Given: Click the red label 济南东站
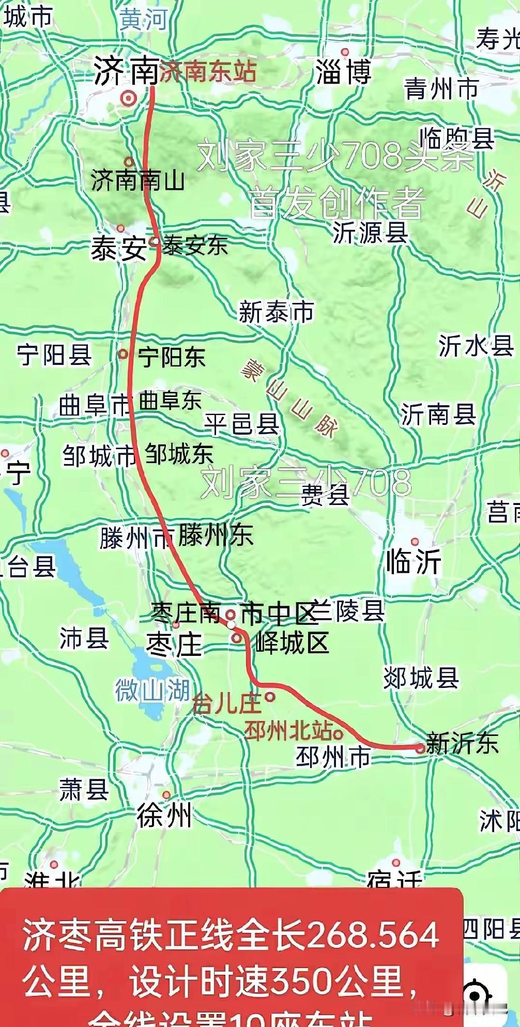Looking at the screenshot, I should [x=208, y=71].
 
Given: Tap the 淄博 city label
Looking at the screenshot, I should [x=344, y=72].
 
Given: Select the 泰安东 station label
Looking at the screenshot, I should [x=195, y=245].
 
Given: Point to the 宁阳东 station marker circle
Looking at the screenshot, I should [x=123, y=354].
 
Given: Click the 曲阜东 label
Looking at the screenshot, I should [x=170, y=402].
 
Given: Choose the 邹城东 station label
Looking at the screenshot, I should [x=179, y=454].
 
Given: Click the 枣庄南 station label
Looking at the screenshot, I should [x=186, y=614].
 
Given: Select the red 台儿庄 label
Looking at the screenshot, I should [x=226, y=704].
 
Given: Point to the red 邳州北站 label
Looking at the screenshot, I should [x=288, y=731].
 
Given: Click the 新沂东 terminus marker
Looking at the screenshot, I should [x=420, y=747].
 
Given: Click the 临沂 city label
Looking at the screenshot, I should [x=414, y=561].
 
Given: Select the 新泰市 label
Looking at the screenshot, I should [x=276, y=312].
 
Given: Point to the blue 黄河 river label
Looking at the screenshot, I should [x=144, y=20].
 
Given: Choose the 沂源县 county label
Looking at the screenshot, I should [x=370, y=232].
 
